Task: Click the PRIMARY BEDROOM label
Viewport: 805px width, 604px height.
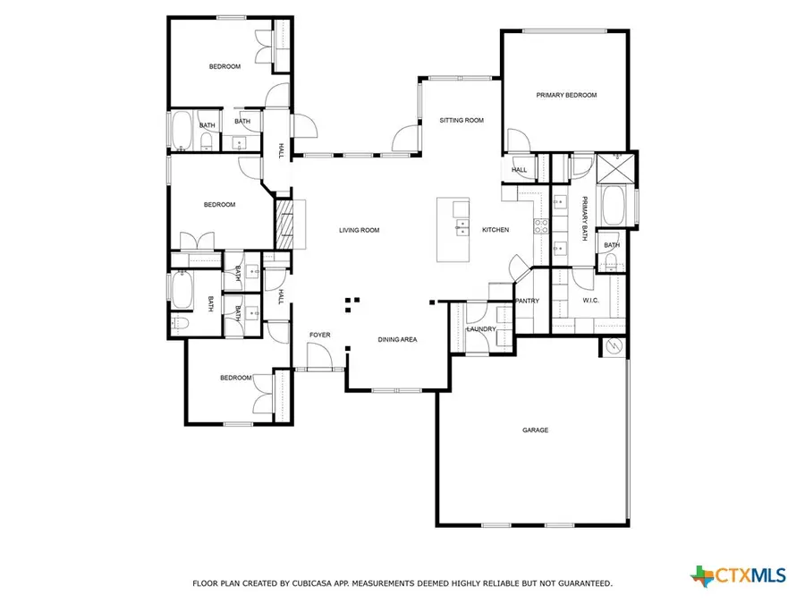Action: point(566,95)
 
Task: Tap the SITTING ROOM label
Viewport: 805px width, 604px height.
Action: point(462,120)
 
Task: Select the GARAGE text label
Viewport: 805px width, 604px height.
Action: point(535,430)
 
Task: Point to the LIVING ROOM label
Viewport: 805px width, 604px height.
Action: point(359,230)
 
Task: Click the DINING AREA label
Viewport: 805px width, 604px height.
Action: point(397,340)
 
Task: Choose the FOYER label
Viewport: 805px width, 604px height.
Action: point(319,335)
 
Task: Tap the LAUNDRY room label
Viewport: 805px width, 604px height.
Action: point(481,329)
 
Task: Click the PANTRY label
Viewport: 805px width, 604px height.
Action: point(528,301)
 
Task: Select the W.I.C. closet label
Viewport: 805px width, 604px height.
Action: point(590,301)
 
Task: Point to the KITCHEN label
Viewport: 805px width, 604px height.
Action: point(496,230)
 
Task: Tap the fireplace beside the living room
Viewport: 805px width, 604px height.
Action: point(285,223)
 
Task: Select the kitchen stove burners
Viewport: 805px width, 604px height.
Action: point(541,225)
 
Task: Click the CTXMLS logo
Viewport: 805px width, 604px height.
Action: point(738,573)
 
